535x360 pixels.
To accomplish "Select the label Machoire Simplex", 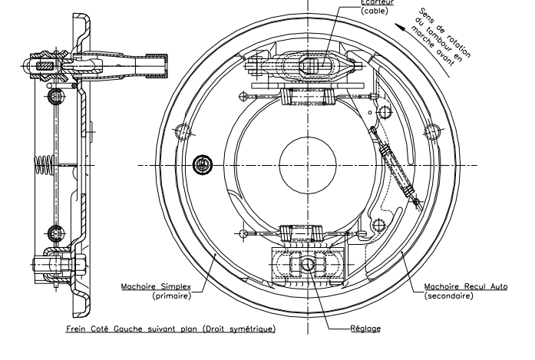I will (150, 287).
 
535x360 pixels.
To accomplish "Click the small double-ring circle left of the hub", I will (203, 163).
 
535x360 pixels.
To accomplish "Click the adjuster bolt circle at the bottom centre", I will (307, 265).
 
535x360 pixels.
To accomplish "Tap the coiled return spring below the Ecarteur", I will (308, 98).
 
